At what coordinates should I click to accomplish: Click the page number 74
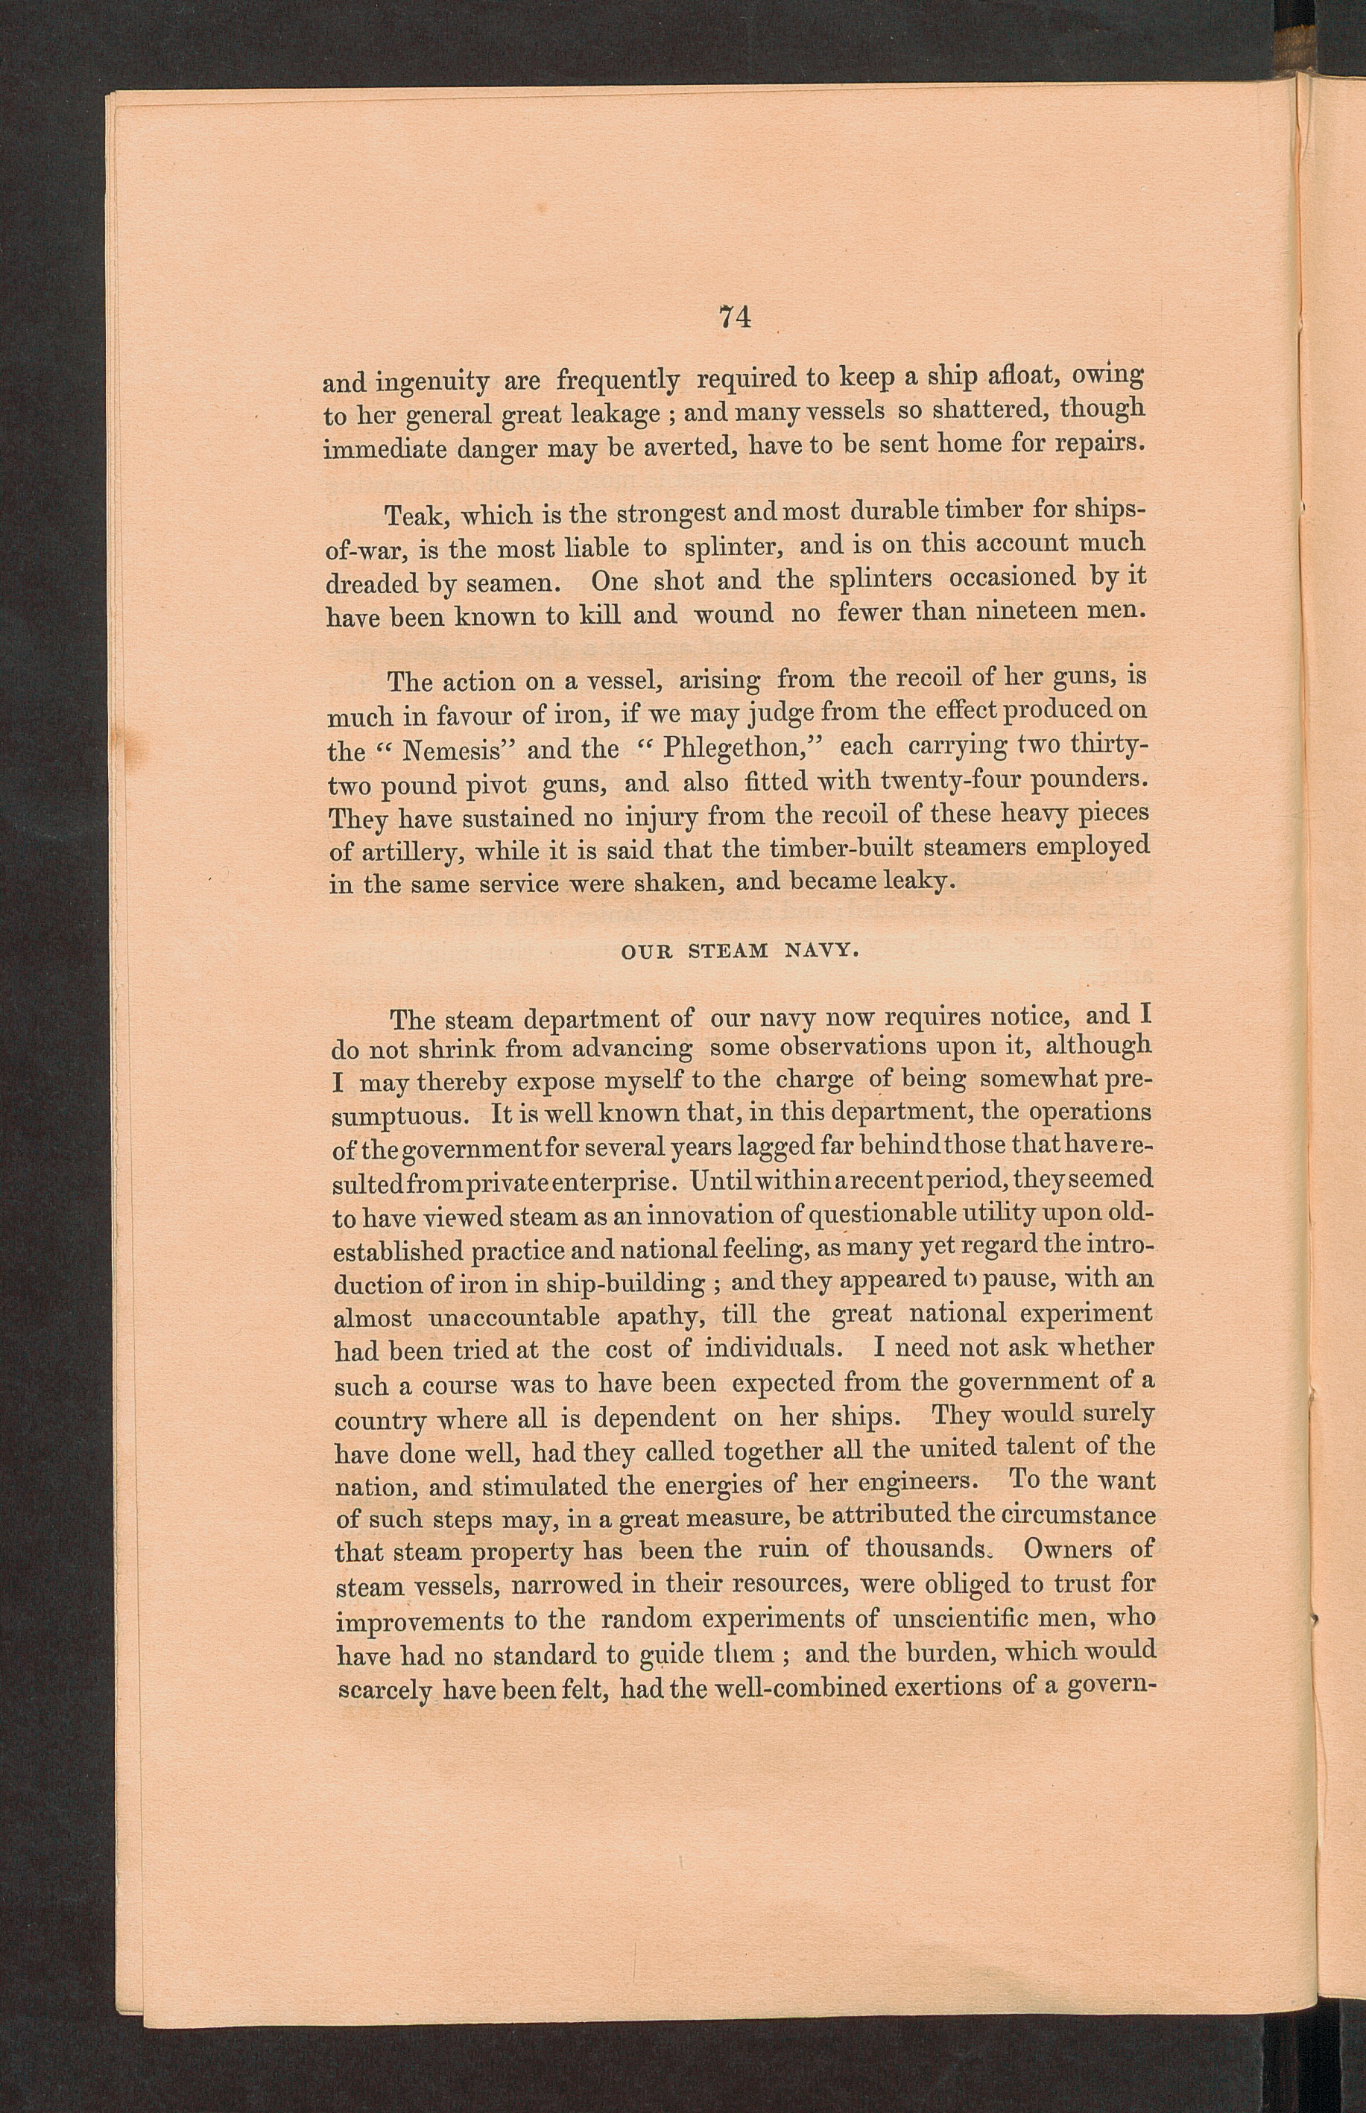(x=736, y=317)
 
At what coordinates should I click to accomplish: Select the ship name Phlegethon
(x=731, y=748)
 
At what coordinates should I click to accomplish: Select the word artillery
(x=407, y=853)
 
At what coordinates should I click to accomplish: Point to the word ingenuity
(x=433, y=384)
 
